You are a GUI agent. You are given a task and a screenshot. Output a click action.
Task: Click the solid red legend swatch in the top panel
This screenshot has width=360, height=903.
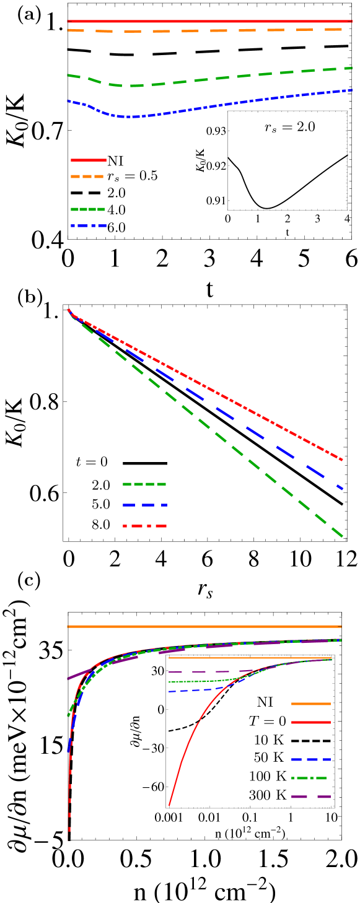click(x=88, y=160)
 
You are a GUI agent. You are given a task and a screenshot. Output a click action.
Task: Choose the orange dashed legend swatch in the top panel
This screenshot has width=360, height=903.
click(x=87, y=177)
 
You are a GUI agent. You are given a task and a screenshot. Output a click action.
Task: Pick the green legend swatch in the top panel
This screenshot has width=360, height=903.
click(x=87, y=209)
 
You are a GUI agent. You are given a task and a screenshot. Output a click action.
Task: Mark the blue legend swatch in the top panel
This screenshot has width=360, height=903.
click(x=88, y=226)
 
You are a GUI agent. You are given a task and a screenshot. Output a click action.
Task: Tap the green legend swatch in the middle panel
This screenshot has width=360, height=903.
click(x=144, y=484)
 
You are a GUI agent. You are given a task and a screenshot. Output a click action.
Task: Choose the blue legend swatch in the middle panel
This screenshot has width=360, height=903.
click(x=144, y=505)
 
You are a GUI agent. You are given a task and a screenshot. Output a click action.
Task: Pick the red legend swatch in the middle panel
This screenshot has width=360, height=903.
click(x=144, y=526)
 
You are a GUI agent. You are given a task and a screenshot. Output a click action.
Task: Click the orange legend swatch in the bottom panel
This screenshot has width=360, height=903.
click(x=310, y=704)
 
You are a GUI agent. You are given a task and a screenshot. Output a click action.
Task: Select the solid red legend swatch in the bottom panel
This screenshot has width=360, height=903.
click(x=310, y=722)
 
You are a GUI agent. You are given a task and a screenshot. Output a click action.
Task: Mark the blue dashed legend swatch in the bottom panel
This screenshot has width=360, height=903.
click(x=310, y=759)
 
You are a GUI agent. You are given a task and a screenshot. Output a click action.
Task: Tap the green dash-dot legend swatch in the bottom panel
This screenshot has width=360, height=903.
click(x=309, y=778)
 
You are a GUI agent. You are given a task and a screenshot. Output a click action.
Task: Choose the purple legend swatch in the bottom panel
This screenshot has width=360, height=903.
click(x=310, y=796)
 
